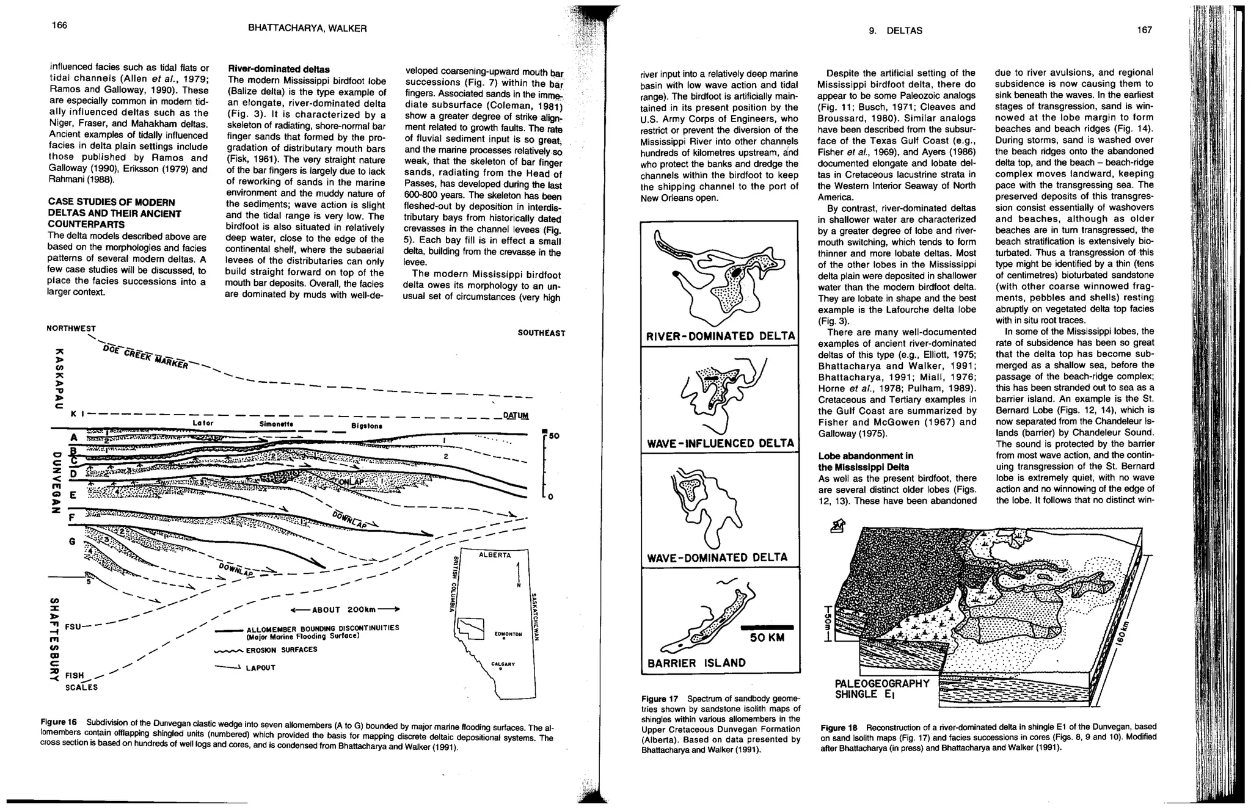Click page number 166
tap(59, 25)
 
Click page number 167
tap(1144, 30)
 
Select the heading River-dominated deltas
tap(279, 70)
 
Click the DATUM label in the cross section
tap(516, 416)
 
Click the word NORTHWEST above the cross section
tap(71, 328)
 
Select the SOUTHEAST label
tap(541, 333)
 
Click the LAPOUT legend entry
tap(260, 668)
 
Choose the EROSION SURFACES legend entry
tap(282, 650)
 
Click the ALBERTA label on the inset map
tap(495, 554)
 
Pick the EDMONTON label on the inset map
tap(508, 634)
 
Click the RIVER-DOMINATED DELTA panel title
tap(720, 336)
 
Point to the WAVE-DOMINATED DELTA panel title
tap(717, 557)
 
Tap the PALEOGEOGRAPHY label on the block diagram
tap(881, 683)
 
